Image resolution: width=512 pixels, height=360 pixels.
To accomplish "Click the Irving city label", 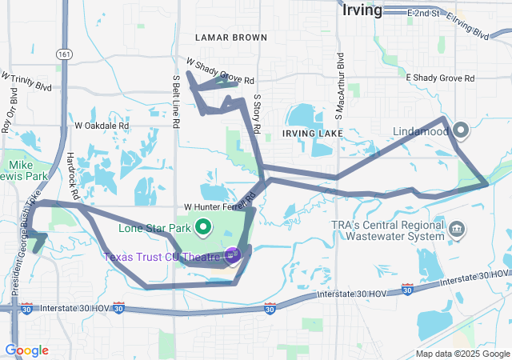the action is tap(362, 10).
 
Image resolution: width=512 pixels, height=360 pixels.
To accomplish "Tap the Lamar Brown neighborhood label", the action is tap(231, 37).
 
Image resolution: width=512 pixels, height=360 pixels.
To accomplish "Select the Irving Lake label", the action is tap(312, 132).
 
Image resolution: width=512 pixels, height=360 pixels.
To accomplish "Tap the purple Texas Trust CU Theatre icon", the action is tap(233, 255).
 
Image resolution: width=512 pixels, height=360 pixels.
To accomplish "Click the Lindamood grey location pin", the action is tap(462, 130).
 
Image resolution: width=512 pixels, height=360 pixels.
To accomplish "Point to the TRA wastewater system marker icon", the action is tap(457, 230).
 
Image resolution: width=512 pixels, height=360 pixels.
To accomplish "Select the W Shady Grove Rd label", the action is tap(220, 71).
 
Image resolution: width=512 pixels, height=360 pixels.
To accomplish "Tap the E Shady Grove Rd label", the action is tap(440, 78).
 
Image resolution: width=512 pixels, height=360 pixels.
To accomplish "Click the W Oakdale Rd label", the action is tap(102, 126).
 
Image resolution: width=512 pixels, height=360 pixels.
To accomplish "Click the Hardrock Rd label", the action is tap(74, 176).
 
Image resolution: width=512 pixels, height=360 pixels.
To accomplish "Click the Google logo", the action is tap(26, 350).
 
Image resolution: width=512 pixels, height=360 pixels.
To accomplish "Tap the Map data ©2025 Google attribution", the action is tap(462, 354).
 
